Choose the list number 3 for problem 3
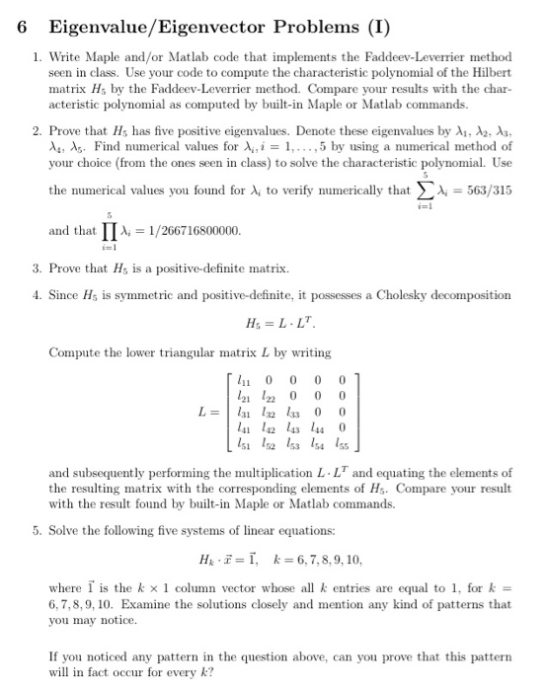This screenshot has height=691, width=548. [36, 268]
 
